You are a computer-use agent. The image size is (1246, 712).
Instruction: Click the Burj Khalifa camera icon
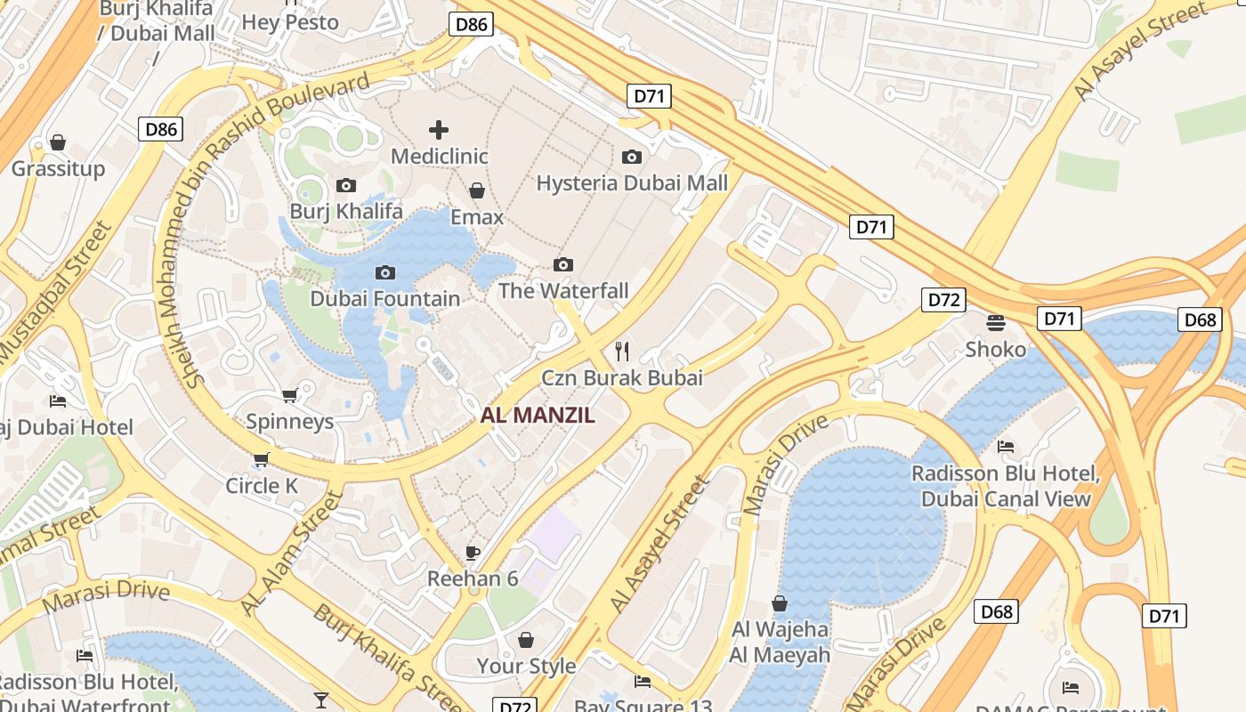[x=346, y=185]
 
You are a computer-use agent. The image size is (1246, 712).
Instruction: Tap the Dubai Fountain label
[x=384, y=298]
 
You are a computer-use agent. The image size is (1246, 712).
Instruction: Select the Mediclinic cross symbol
[x=438, y=130]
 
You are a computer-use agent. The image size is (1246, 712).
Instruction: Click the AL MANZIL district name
[x=538, y=415]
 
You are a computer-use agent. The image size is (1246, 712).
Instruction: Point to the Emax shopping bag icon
[x=477, y=190]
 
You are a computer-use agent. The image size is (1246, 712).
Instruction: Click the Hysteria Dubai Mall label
[x=632, y=183]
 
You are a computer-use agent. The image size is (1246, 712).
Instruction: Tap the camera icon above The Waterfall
[x=562, y=264]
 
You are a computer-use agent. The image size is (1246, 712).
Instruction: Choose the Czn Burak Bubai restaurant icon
[x=622, y=351]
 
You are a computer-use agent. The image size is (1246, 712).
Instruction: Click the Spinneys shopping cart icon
[x=289, y=395]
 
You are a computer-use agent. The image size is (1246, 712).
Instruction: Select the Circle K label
[x=262, y=486]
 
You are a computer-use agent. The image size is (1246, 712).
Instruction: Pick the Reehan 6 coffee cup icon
[x=473, y=553]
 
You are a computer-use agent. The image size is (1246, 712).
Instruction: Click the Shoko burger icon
[x=995, y=322]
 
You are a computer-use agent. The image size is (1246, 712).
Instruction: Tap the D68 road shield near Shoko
[x=1200, y=320]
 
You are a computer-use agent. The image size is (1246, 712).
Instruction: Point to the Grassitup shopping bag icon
[x=58, y=142]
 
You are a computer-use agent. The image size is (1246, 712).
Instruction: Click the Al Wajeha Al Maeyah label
[x=780, y=643]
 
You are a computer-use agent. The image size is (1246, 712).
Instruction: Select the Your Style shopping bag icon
[x=526, y=640]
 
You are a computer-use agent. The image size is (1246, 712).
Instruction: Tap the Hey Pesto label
[x=290, y=22]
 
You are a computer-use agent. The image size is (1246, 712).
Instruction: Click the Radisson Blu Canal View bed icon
[x=1006, y=446]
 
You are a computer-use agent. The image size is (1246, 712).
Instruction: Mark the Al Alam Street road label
[x=292, y=554]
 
